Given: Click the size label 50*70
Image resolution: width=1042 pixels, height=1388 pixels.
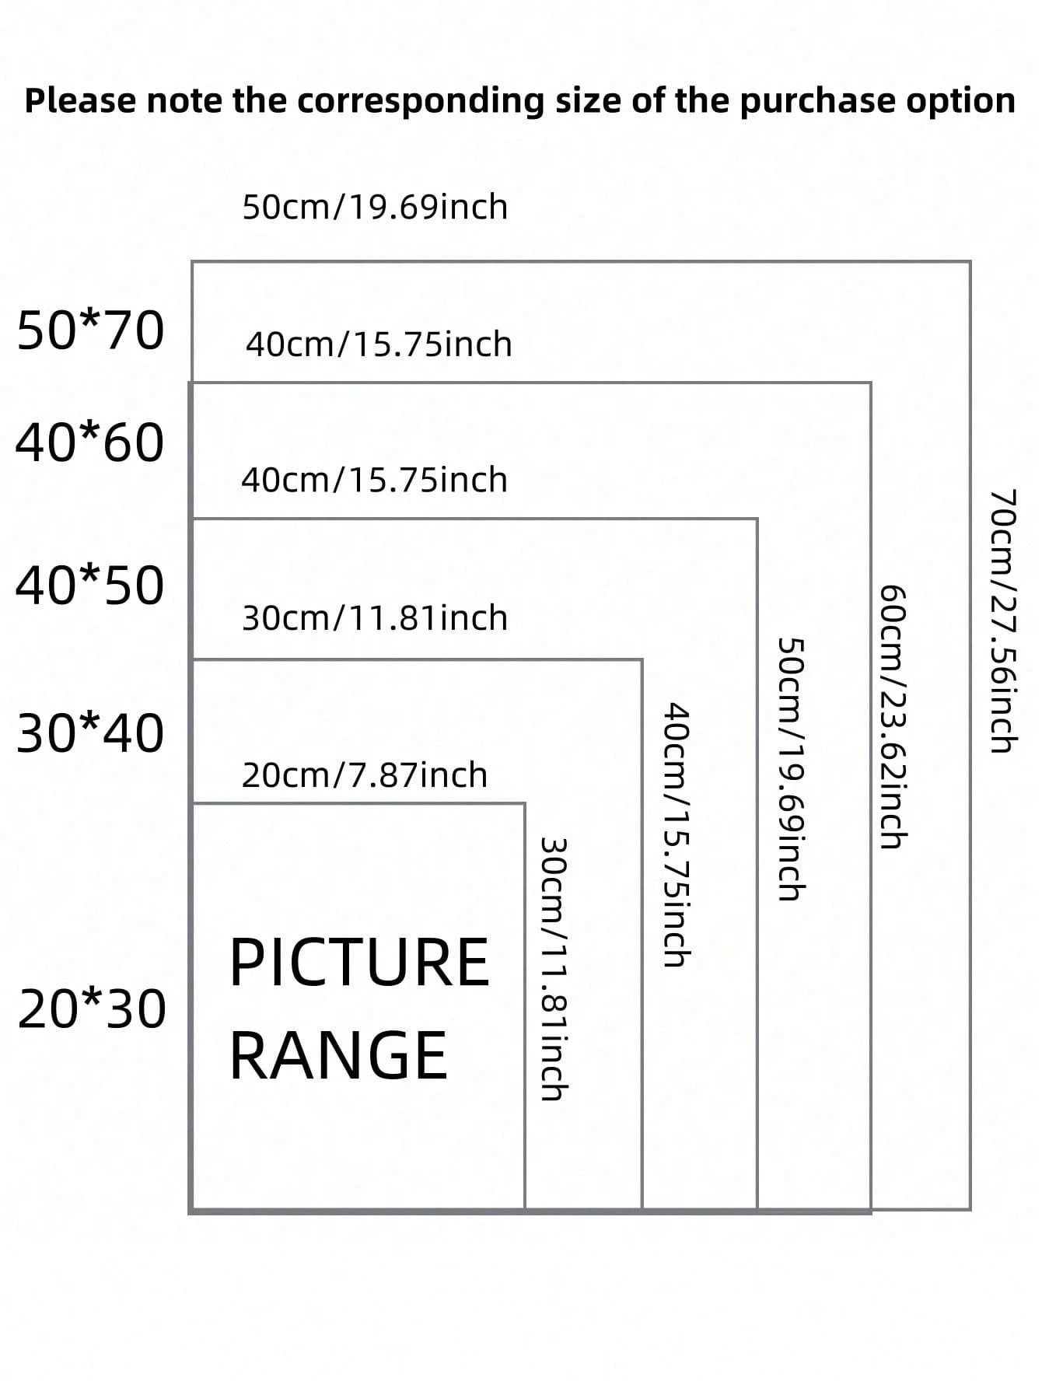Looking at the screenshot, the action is click(90, 330).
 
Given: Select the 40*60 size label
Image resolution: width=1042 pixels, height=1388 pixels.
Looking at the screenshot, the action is click(90, 443).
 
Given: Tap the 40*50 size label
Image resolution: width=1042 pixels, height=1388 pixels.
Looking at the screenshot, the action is click(90, 585).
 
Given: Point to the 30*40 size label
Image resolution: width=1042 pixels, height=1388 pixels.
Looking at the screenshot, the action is click(90, 733).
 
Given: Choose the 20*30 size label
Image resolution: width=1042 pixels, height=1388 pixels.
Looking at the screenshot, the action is click(92, 1009).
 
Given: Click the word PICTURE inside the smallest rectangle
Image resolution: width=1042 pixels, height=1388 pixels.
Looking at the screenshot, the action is click(359, 963).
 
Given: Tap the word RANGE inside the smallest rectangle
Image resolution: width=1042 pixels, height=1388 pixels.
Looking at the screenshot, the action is click(339, 1054).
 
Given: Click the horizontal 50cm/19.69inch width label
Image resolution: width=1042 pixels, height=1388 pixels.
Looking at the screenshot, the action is click(375, 207).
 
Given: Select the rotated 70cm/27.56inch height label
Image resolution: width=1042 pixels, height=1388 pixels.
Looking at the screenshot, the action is click(1003, 621).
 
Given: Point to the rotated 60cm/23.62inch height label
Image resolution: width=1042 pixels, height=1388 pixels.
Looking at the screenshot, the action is click(893, 716).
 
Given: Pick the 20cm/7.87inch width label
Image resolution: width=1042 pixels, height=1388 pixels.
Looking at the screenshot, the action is click(365, 775).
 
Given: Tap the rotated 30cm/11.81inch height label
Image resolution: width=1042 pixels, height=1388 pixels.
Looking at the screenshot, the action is click(554, 968).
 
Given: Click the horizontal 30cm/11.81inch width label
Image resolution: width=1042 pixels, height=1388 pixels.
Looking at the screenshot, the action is click(375, 618).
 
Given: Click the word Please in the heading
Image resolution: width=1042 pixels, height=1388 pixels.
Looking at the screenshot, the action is click(80, 101).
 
